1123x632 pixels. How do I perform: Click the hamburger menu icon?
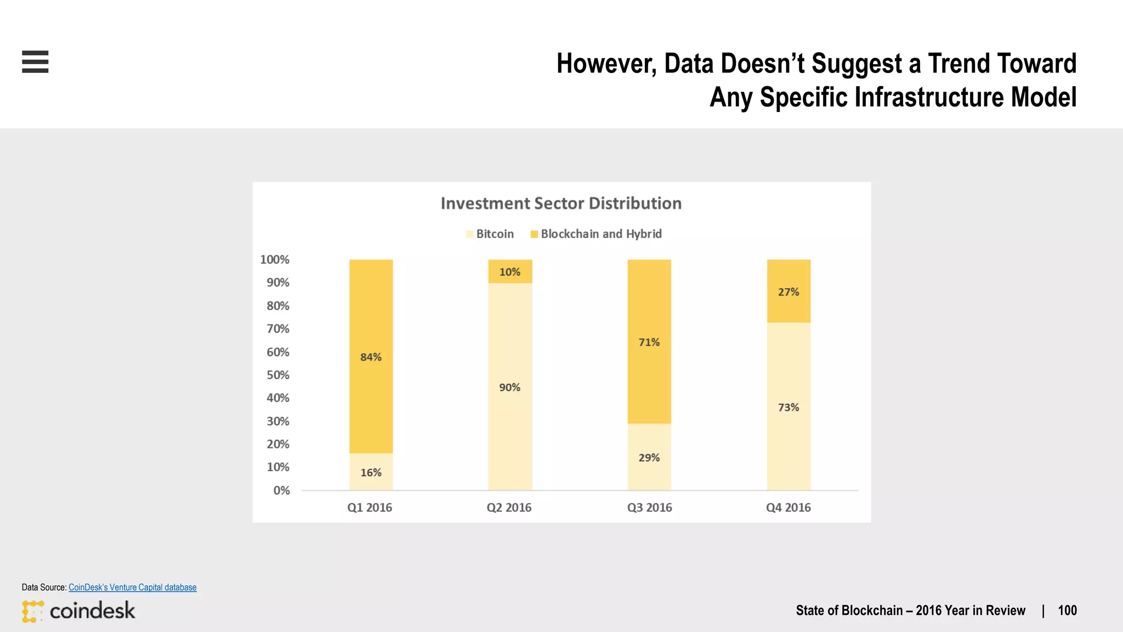click(35, 61)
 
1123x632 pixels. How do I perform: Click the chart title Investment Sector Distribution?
click(561, 204)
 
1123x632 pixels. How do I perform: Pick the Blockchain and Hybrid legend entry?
click(596, 234)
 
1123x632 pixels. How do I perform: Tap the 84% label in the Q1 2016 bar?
click(371, 357)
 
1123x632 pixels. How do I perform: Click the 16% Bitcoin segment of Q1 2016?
click(371, 472)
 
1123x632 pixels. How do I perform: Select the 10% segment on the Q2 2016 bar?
click(510, 272)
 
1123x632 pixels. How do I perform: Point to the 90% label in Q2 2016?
click(510, 387)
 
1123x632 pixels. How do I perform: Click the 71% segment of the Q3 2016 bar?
click(649, 342)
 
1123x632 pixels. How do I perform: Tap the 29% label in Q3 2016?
click(649, 458)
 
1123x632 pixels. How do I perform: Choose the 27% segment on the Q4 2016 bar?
click(789, 292)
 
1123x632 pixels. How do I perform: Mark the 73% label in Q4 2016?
click(789, 408)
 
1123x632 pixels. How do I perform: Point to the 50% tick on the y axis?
click(277, 375)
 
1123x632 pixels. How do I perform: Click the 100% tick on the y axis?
click(274, 259)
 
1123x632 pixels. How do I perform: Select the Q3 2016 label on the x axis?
click(649, 507)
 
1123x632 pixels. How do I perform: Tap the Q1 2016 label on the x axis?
click(370, 507)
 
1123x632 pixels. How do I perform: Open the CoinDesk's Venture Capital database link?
click(132, 587)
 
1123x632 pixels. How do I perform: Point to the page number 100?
click(1067, 611)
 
